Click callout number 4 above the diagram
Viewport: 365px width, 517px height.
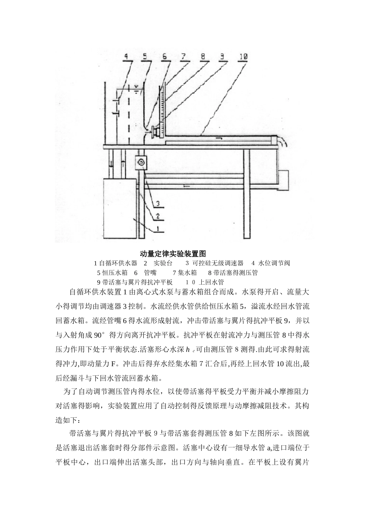126,57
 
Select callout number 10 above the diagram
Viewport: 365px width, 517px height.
243,57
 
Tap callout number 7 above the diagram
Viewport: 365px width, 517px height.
184,57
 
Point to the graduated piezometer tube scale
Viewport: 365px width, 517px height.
163,108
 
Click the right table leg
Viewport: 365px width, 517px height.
246,192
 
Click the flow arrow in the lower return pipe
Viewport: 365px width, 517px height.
186,186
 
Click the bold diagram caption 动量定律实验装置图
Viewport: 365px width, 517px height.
173,253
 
